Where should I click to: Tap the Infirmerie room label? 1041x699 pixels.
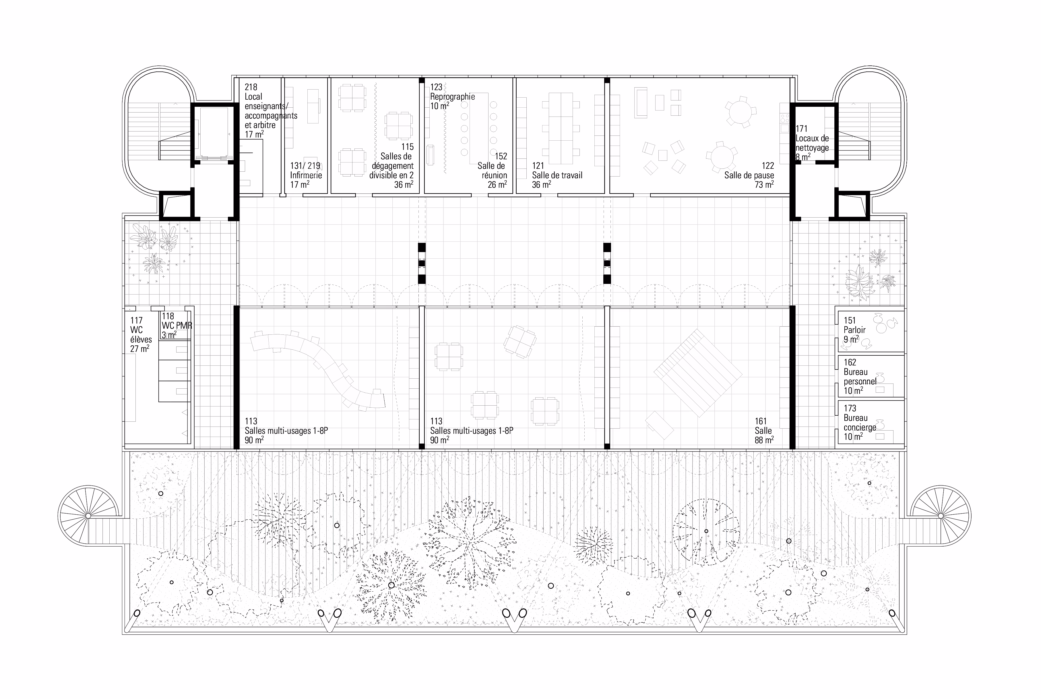tap(306, 175)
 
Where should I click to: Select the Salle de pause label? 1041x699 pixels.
tap(749, 175)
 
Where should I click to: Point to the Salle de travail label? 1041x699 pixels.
tap(557, 175)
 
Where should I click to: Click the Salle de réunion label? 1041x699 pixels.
tap(493, 170)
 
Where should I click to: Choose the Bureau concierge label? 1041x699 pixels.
tap(860, 422)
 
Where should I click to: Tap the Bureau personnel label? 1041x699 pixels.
tap(860, 377)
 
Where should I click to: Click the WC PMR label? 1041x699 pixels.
tap(177, 326)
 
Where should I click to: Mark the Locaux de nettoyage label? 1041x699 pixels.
tap(812, 143)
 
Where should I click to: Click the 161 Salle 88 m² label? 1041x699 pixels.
tap(764, 431)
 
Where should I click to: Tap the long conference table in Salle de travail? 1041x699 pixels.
tap(561, 128)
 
